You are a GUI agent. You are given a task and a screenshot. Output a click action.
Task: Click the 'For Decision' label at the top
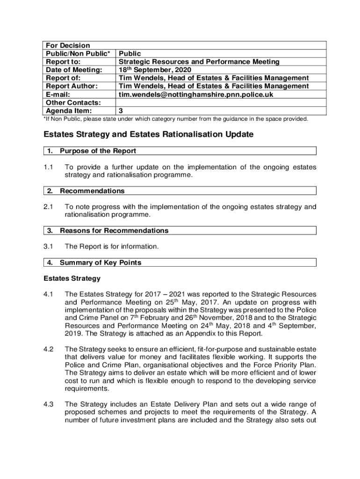(67, 45)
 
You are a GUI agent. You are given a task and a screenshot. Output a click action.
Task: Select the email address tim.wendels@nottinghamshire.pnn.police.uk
(195, 94)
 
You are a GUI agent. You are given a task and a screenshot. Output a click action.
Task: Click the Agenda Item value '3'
(121, 111)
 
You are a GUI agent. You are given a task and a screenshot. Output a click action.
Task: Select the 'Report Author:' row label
(71, 86)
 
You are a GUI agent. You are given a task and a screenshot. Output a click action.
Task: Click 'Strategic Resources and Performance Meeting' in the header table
(199, 62)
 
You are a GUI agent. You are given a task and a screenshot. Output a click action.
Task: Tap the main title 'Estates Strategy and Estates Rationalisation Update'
(148, 135)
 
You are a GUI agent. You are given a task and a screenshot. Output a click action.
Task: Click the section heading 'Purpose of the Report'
(98, 151)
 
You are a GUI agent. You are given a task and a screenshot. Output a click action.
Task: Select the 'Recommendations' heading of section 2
(92, 191)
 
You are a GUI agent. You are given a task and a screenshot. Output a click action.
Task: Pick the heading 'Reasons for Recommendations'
(114, 231)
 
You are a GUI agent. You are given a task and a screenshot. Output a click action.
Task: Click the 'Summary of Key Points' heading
(100, 262)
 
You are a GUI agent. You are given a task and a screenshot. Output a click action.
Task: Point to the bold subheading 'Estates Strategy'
(72, 278)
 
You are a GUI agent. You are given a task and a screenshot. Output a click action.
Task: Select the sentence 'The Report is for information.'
(112, 247)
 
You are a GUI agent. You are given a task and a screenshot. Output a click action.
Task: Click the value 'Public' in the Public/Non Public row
(130, 54)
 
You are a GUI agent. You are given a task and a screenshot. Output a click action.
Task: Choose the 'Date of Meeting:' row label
(73, 70)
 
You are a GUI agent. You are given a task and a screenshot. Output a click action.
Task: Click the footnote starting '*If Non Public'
(176, 119)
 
